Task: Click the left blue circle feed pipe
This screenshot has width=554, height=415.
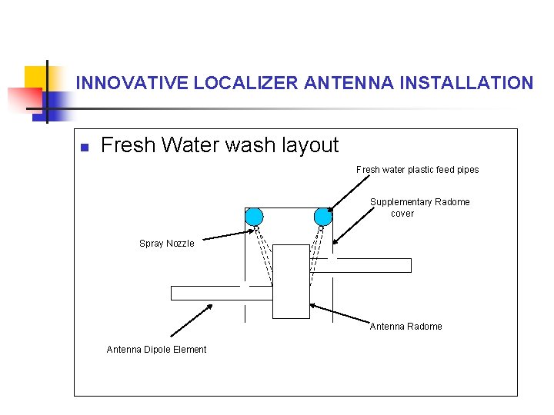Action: pyautogui.click(x=254, y=217)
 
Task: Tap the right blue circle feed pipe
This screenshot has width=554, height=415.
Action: pyautogui.click(x=323, y=217)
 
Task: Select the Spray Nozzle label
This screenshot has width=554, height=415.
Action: pyautogui.click(x=166, y=244)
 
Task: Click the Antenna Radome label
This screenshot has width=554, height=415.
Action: pyautogui.click(x=405, y=327)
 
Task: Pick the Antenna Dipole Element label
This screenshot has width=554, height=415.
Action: pyautogui.click(x=156, y=350)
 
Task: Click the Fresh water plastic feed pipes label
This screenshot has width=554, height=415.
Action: pyautogui.click(x=417, y=170)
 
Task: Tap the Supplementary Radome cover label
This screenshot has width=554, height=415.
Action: pyautogui.click(x=419, y=207)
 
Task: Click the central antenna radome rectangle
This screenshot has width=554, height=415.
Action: pyautogui.click(x=291, y=281)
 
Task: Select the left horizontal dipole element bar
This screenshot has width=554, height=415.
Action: pyautogui.click(x=222, y=293)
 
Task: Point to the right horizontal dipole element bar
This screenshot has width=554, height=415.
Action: pyautogui.click(x=372, y=265)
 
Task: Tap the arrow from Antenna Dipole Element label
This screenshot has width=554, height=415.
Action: pyautogui.click(x=192, y=319)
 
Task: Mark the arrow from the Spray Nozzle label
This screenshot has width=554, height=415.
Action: pyautogui.click(x=227, y=234)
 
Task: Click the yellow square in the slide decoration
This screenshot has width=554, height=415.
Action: pyautogui.click(x=35, y=78)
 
